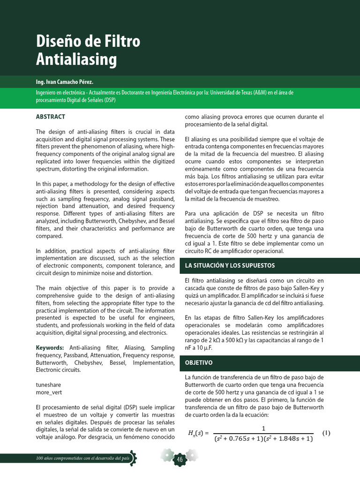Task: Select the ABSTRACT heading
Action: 51,117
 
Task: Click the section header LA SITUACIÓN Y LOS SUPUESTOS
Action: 230,265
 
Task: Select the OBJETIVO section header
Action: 199,363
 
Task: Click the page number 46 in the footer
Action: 179,460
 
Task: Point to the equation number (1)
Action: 326,433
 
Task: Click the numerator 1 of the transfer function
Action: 263,428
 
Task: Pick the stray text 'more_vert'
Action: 49,392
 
